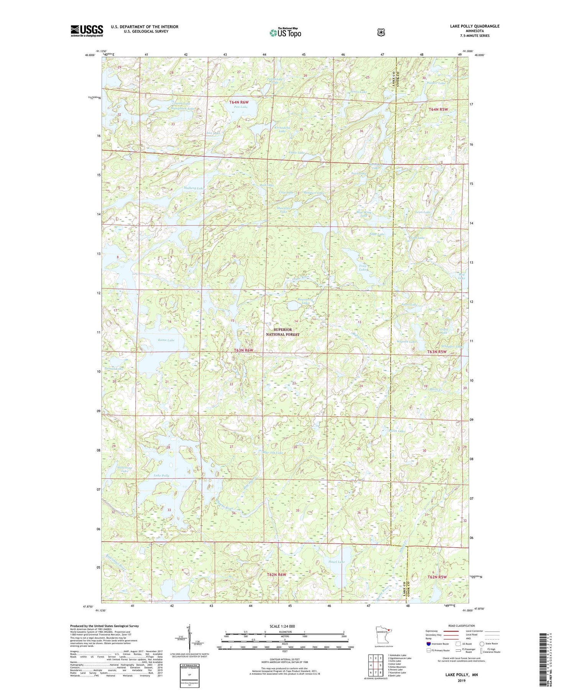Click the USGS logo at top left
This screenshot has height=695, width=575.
[87, 31]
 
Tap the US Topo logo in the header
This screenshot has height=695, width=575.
[285, 33]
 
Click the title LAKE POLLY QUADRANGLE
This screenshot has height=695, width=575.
[475, 26]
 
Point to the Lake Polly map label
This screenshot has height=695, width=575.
[161, 475]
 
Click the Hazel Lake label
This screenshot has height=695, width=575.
[337, 562]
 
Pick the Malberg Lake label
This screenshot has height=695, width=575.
[194, 188]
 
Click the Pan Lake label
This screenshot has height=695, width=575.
[241, 107]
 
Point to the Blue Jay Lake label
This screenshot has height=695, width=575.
[273, 453]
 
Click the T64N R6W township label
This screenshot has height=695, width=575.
[239, 102]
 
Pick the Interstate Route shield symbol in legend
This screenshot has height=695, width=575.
[429, 644]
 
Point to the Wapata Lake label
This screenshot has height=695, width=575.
[406, 341]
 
